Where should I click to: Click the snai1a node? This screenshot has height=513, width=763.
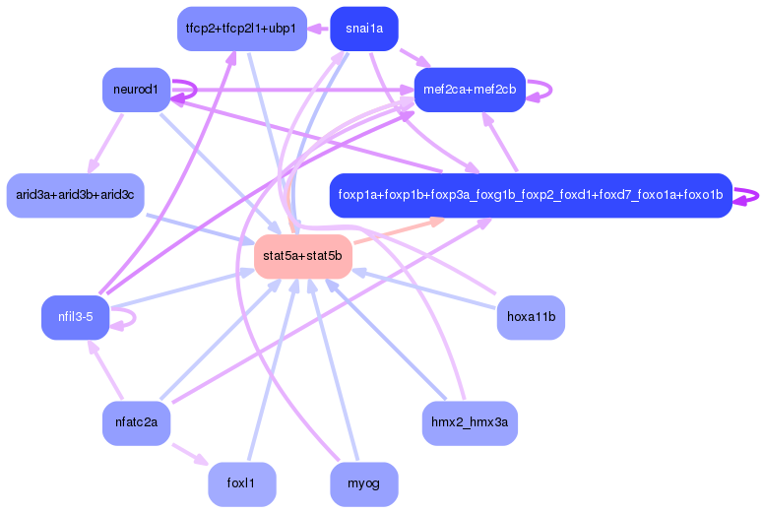click(x=364, y=29)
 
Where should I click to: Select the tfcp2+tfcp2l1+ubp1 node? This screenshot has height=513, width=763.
click(x=241, y=29)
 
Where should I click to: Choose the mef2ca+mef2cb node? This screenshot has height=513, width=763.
click(x=469, y=90)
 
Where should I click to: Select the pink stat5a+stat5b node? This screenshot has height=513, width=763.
click(x=302, y=256)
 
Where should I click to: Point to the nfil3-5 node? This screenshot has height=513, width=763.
click(x=75, y=317)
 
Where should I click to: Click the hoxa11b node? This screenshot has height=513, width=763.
click(x=531, y=317)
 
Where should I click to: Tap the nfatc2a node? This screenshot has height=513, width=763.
click(x=136, y=423)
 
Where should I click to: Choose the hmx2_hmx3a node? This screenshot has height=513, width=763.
click(x=470, y=423)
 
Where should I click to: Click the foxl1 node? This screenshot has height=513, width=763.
click(x=241, y=484)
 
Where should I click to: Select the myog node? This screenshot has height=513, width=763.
click(x=364, y=484)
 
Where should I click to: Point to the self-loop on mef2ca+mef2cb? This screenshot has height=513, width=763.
click(x=541, y=90)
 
